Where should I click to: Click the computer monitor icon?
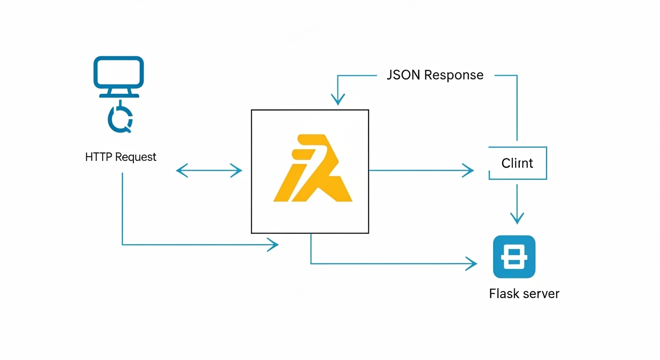[119, 73]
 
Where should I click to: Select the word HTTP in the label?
[99, 157]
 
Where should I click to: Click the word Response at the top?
[454, 75]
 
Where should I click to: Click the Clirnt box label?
[517, 163]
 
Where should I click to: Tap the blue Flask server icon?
[514, 257]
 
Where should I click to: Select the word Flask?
[505, 294]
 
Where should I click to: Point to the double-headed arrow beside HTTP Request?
[209, 170]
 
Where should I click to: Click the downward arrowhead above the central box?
[337, 100]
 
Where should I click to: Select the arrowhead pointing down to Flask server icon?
[517, 218]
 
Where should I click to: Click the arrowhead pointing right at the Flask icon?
[472, 263]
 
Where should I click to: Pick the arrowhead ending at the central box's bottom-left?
[273, 244]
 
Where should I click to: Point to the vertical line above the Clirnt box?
[517, 108]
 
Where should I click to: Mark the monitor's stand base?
[119, 95]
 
